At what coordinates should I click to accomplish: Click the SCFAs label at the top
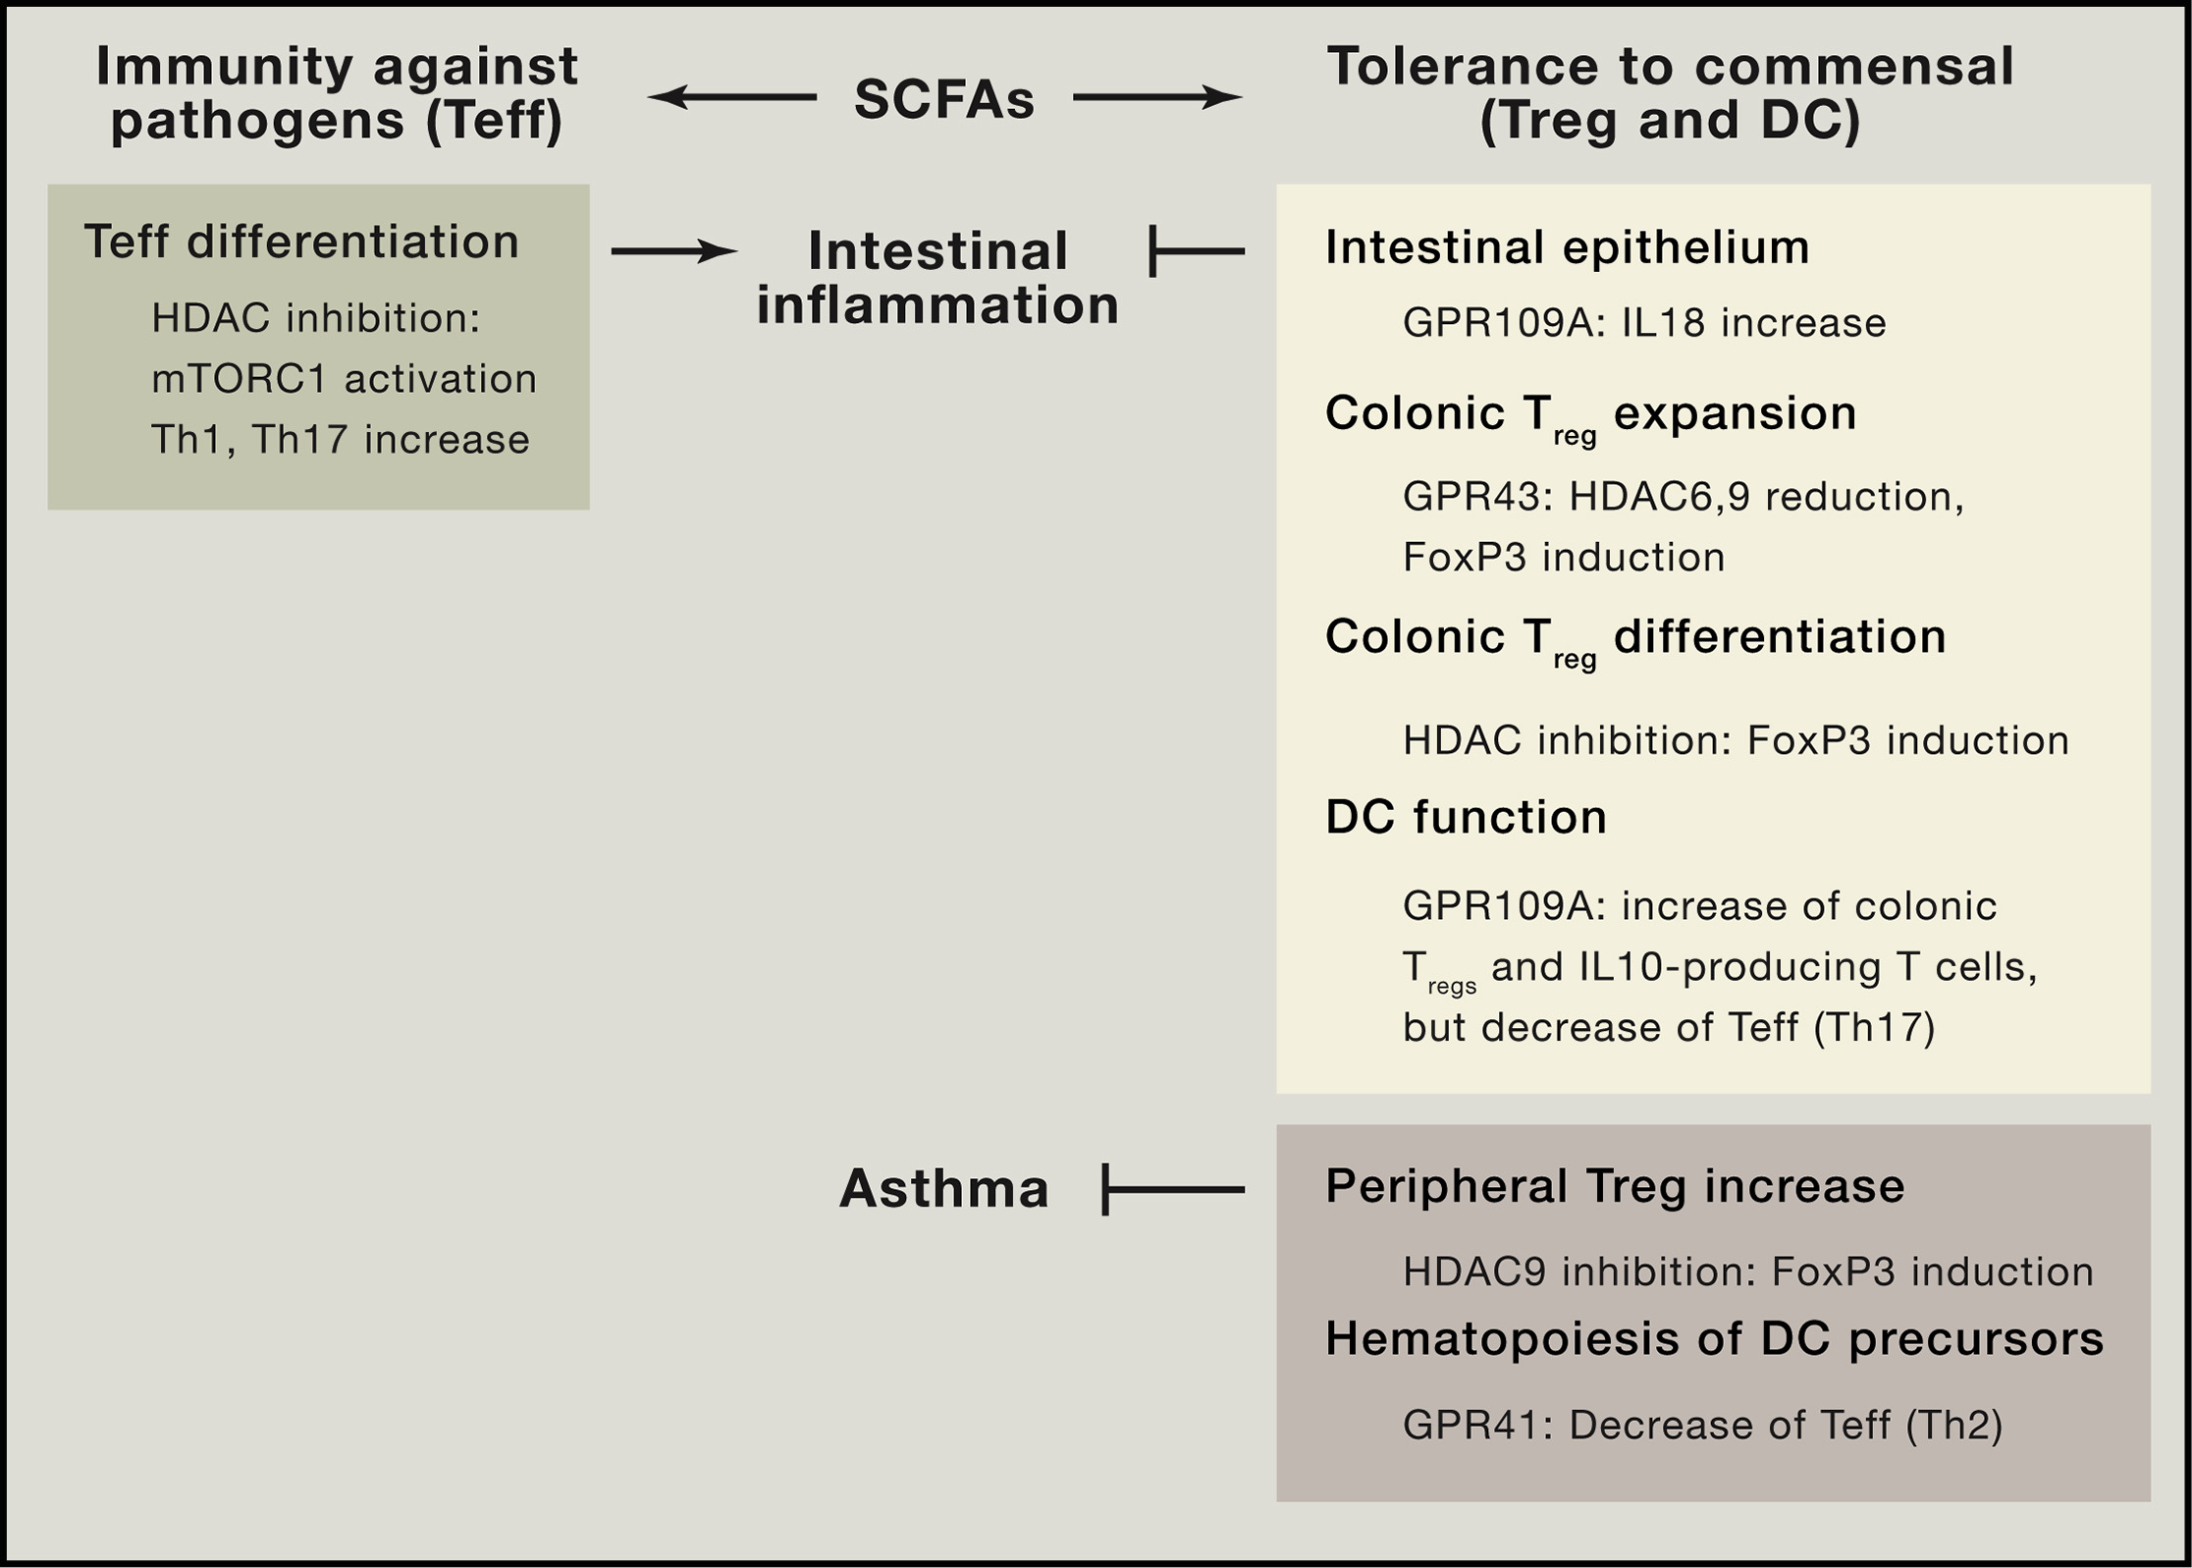click(944, 99)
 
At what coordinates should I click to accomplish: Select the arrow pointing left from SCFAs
click(731, 97)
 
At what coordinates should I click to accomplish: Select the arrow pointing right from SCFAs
click(1158, 97)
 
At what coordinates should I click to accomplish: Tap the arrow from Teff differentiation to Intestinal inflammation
click(674, 252)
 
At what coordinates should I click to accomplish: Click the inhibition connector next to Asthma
click(1173, 1189)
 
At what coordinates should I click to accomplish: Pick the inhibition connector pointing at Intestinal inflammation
click(1197, 252)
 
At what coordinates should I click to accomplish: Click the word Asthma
click(944, 1189)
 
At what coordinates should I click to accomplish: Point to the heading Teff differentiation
click(301, 242)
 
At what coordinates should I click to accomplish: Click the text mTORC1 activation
click(344, 379)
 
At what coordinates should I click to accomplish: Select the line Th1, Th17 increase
click(341, 440)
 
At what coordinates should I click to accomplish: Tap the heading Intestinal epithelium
click(1567, 246)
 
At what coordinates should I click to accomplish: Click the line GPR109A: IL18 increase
click(1644, 323)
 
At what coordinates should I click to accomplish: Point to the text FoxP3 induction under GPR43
click(1564, 558)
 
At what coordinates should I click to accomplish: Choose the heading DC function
click(1466, 817)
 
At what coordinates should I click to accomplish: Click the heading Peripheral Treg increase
click(1615, 1186)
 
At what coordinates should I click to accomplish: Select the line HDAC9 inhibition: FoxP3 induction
click(1748, 1272)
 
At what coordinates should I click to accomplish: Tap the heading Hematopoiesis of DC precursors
click(1715, 1339)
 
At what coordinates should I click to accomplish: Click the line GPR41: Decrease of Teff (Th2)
click(1702, 1426)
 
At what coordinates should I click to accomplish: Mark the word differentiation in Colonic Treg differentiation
click(1780, 636)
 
